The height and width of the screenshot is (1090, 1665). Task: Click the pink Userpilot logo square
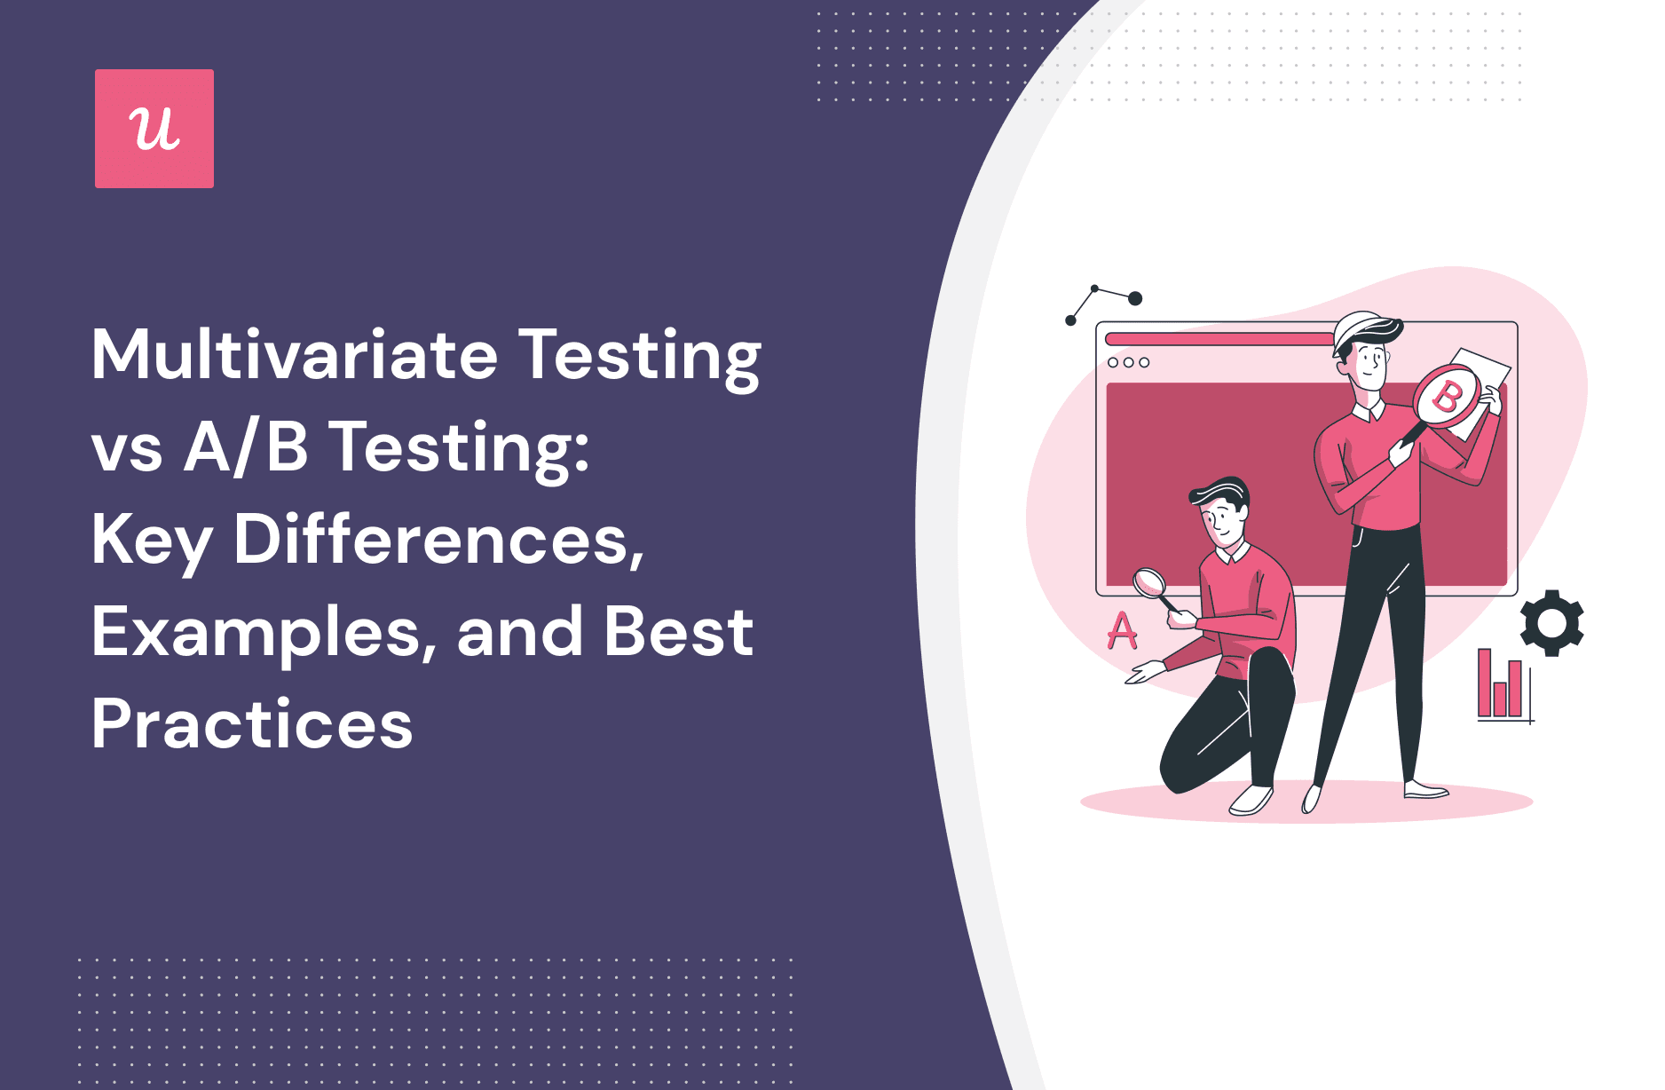154,129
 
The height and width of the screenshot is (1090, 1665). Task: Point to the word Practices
252,724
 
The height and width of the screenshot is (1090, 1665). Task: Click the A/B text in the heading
246,447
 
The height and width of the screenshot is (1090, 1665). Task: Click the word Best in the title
678,632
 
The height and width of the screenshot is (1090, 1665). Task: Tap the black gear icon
1551,623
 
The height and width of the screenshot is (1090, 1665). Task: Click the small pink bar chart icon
1502,687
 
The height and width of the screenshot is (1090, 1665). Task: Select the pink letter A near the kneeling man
1122,631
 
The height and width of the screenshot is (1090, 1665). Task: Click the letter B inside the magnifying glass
1448,397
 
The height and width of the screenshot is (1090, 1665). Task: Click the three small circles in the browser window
1128,362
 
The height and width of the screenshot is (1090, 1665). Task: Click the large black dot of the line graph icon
1134,298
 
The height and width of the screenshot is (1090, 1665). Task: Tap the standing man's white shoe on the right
1425,789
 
